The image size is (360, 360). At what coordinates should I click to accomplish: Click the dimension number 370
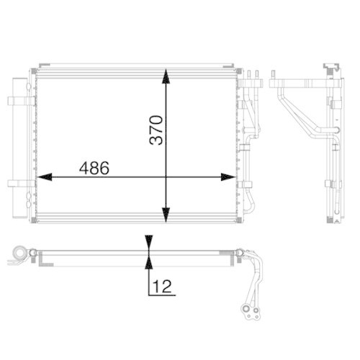click(158, 130)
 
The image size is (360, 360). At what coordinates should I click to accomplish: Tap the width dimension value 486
click(94, 168)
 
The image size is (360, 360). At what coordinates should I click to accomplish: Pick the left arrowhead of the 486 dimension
click(43, 176)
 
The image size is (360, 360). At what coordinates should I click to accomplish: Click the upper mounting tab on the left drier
click(14, 101)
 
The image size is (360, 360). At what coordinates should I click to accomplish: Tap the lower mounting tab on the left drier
click(14, 182)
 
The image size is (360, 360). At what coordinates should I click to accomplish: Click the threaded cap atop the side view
click(332, 68)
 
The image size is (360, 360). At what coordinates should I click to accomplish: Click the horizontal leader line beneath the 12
click(162, 295)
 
